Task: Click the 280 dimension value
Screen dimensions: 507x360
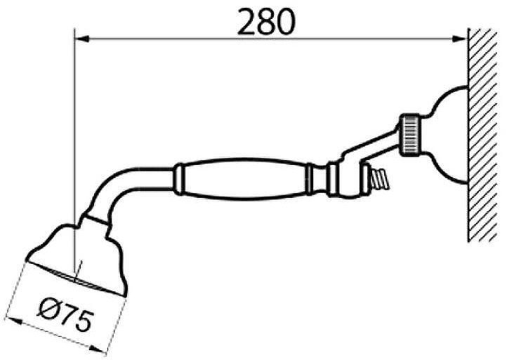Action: pos(266,21)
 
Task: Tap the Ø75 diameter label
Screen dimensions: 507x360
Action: pos(65,314)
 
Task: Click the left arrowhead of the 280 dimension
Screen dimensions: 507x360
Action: pos(81,39)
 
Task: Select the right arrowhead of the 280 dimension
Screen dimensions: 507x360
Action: pos(459,39)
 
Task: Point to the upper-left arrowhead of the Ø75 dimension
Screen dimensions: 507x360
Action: pos(14,322)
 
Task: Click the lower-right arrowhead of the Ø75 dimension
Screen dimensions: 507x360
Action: pos(98,349)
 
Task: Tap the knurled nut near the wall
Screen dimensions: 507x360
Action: pos(411,135)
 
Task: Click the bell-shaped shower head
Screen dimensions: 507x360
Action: pos(77,255)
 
